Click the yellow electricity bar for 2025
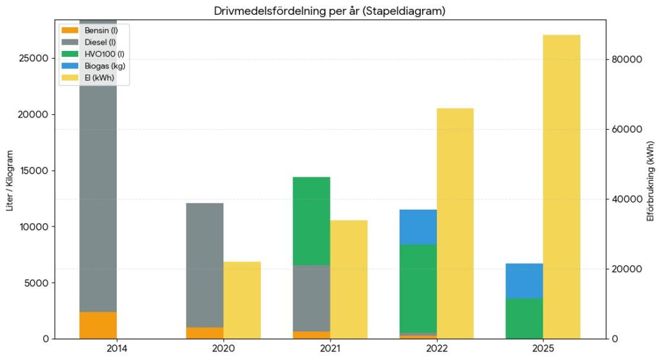coord(562,186)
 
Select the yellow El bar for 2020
coord(242,300)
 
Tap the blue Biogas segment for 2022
coord(418,227)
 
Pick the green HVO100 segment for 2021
coord(312,221)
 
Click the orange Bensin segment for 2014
coord(98,325)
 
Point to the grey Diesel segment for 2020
coord(205,266)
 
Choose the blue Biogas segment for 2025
coord(524,281)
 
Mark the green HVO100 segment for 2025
coord(524,319)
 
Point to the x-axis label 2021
coord(330,348)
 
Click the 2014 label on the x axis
coord(117,348)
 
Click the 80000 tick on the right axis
coord(627,59)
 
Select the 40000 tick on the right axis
coord(627,199)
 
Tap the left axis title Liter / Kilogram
coord(10,181)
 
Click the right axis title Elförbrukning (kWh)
coord(651,181)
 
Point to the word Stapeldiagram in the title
coord(405,11)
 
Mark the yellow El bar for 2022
coord(455,223)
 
